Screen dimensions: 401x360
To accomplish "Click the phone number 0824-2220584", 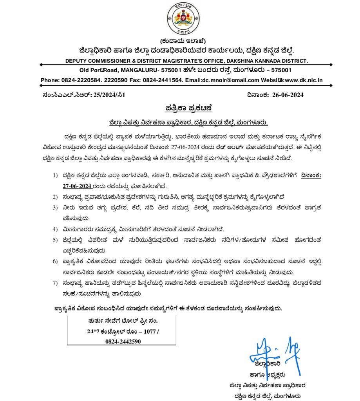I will point(78,80).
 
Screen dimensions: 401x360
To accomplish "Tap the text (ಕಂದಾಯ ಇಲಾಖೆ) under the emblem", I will point(180,42).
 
